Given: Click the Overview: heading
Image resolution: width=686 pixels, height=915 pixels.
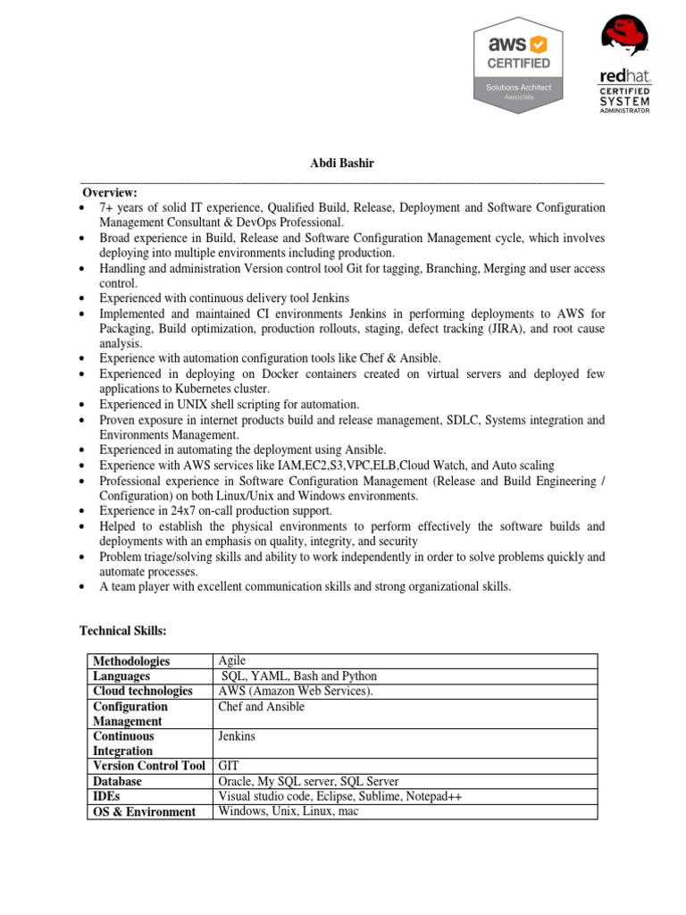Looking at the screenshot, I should click(x=110, y=192).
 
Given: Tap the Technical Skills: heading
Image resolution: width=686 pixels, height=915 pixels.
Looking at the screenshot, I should click(x=123, y=631).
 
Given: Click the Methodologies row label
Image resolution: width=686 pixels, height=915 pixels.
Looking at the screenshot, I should click(x=131, y=661).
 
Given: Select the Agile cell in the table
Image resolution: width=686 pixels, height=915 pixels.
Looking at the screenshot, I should click(x=232, y=660).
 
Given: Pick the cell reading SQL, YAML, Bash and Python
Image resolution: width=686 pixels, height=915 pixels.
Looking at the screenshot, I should click(x=298, y=676).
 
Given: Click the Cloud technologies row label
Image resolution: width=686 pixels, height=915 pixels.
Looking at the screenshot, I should click(x=143, y=692).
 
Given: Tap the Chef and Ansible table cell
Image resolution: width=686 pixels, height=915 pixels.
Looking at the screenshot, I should click(x=261, y=707).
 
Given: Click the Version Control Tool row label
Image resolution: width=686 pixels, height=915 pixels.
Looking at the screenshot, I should click(x=149, y=766).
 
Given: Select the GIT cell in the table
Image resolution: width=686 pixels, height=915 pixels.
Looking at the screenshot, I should click(x=230, y=766).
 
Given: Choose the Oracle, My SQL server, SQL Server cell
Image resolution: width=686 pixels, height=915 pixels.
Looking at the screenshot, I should click(x=308, y=781).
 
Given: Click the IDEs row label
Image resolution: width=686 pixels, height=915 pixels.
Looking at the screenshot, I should click(x=106, y=796).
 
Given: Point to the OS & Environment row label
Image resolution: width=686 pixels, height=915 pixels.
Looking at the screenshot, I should click(x=144, y=811).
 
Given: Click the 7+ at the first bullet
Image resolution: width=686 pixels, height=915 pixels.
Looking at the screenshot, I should click(x=106, y=207).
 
